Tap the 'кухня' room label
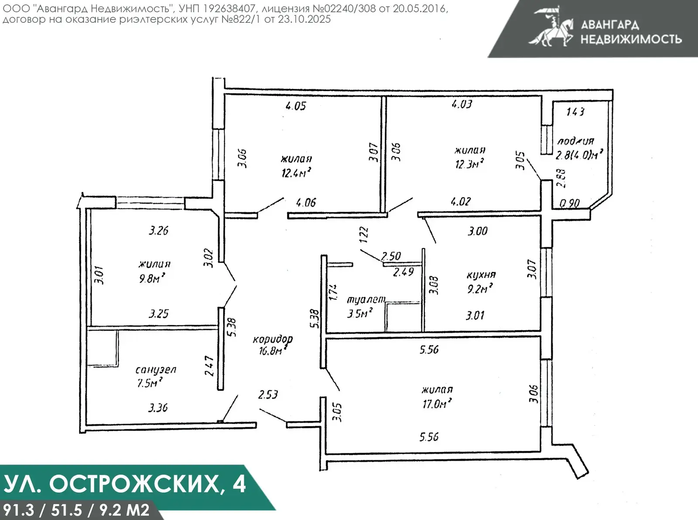(481, 275)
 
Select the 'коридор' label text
(273, 339)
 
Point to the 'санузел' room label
(156, 369)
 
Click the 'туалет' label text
(366, 299)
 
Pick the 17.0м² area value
(437, 403)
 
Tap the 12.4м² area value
(297, 172)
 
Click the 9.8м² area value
(152, 278)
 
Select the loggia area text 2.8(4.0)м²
(579, 155)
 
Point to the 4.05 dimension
(296, 106)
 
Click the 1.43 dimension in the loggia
(575, 112)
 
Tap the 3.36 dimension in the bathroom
(158, 408)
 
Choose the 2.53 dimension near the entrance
(268, 394)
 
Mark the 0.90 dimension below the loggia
(570, 203)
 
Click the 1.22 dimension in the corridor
(364, 235)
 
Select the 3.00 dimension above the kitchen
(477, 231)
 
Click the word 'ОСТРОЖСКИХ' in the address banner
(134, 484)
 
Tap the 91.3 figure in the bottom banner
(18, 510)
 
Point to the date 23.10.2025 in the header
(304, 19)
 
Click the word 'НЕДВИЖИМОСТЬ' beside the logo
(631, 39)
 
